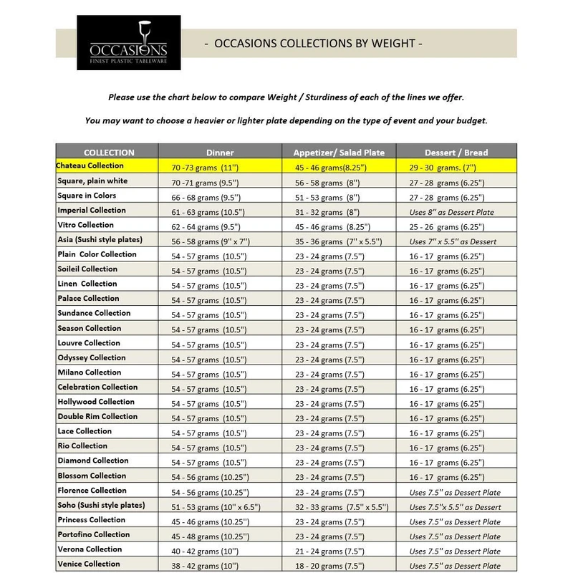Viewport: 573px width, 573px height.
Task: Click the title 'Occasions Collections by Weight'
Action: click(x=313, y=44)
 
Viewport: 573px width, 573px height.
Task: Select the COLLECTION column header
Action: click(x=108, y=152)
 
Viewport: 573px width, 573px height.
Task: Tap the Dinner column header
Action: click(x=220, y=152)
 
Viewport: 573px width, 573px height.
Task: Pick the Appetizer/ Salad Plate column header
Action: click(x=339, y=152)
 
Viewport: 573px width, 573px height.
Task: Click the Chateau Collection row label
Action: click(x=90, y=165)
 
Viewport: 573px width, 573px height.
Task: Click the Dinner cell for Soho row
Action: click(x=213, y=507)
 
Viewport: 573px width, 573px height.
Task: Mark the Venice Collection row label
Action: click(x=89, y=564)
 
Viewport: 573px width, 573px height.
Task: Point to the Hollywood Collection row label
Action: click(x=96, y=402)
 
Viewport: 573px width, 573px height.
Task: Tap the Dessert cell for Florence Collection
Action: click(x=455, y=492)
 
